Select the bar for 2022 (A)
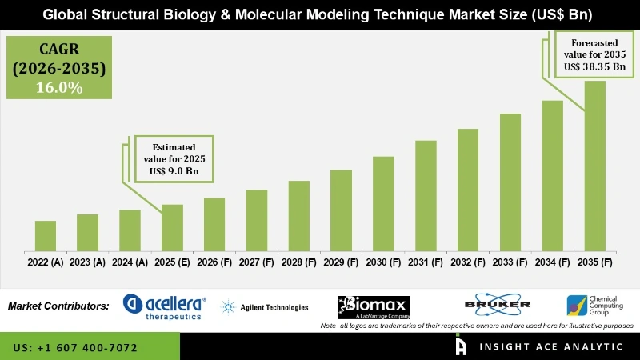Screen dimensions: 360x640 (46, 235)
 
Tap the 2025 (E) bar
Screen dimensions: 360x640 (172, 227)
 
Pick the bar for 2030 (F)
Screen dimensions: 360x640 (383, 203)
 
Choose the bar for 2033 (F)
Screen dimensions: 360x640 (510, 182)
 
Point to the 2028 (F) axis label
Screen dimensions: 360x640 (298, 262)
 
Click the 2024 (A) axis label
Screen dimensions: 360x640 (130, 262)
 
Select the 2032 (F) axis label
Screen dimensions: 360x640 (467, 262)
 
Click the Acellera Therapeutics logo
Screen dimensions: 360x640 (165, 306)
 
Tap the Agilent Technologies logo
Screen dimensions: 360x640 (264, 307)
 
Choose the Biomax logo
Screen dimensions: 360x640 (374, 306)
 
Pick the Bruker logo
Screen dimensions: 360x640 (497, 305)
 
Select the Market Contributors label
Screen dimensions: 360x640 (58, 306)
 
